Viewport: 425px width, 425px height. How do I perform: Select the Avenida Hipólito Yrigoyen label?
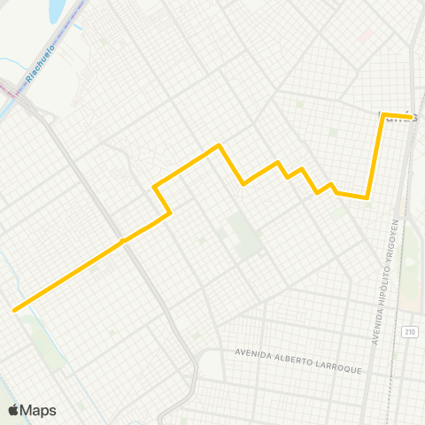click(385, 282)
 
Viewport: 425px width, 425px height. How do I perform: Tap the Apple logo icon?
click(13, 410)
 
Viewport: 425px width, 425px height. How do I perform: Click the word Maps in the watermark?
click(39, 410)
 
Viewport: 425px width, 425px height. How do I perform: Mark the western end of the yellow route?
click(14, 310)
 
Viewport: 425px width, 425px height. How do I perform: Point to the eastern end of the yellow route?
click(412, 117)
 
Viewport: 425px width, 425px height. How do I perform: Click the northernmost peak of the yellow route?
click(218, 145)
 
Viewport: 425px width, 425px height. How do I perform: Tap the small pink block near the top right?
click(364, 36)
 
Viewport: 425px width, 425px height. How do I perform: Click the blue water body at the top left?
click(55, 9)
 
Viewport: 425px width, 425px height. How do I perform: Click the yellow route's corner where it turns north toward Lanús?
click(367, 198)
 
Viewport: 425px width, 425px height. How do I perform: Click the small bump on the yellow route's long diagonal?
click(123, 240)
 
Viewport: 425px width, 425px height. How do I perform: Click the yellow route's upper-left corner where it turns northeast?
click(155, 187)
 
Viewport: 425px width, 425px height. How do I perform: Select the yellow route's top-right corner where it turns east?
click(382, 116)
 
